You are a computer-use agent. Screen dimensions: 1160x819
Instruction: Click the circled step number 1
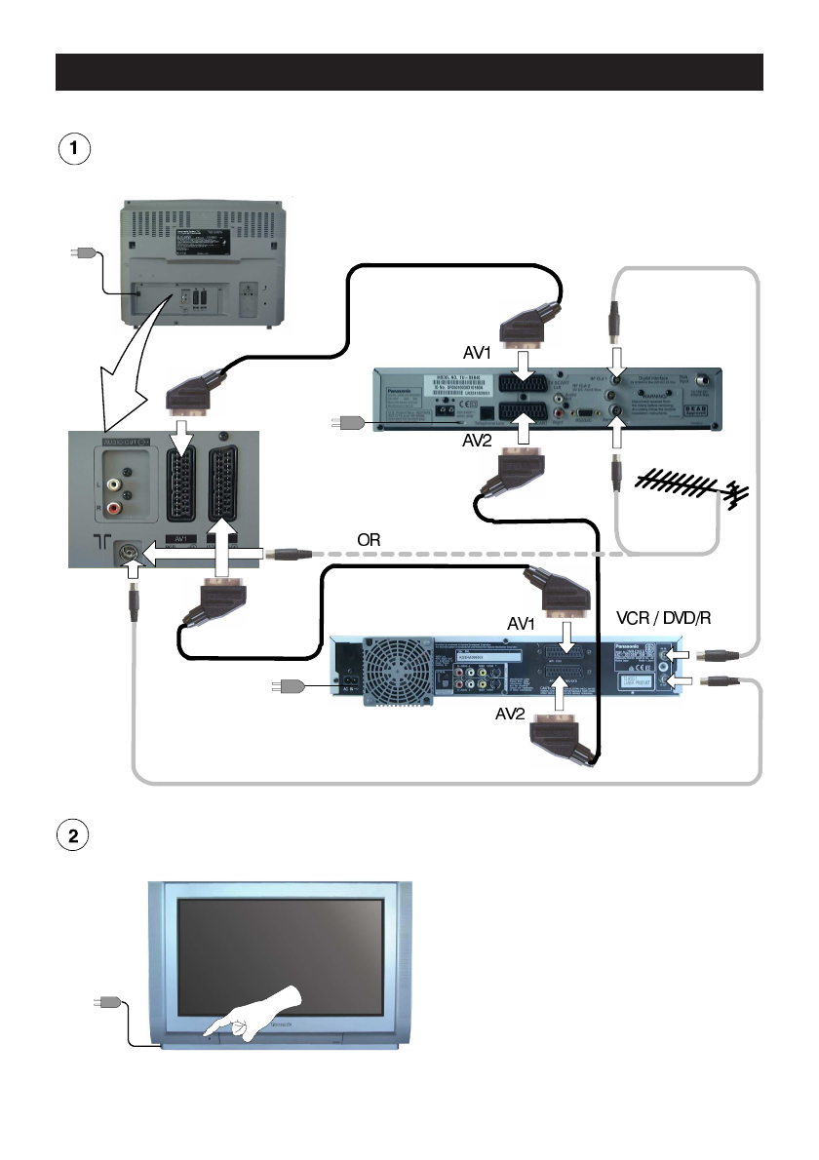coord(70,150)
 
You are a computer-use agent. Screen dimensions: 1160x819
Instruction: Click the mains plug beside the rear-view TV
coord(81,253)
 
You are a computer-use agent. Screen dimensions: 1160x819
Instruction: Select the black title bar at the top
coord(409,72)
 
